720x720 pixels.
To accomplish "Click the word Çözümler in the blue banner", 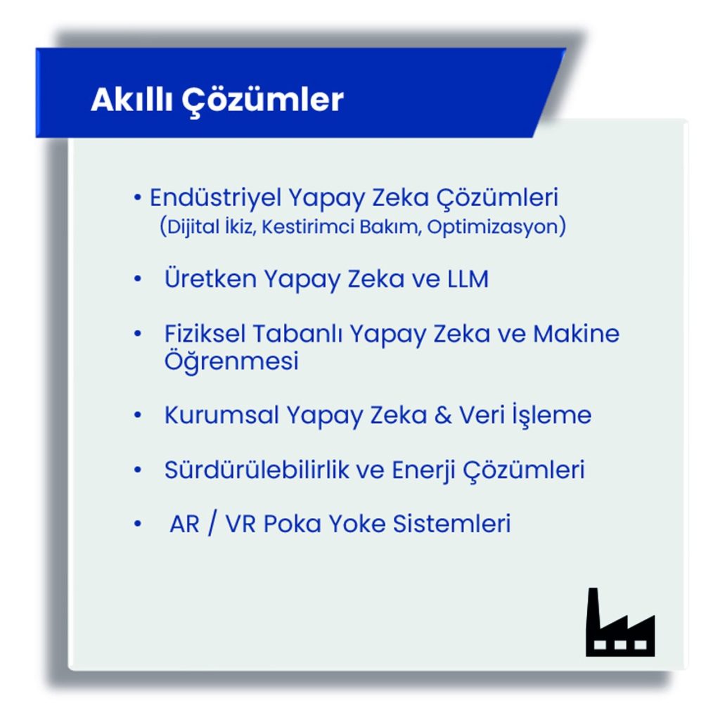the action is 263,101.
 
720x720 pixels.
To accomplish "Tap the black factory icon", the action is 620,622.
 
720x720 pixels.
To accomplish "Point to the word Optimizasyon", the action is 492,227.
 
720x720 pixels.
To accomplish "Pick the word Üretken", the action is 210,278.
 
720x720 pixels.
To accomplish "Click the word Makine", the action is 577,333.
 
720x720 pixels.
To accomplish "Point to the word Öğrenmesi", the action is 231,360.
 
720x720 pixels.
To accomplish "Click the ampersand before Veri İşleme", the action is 443,416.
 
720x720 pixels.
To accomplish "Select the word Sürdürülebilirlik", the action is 257,470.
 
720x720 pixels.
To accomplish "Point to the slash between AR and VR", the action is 212,524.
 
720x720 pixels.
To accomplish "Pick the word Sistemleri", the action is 452,524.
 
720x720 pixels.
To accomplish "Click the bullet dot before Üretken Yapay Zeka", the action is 137,278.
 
